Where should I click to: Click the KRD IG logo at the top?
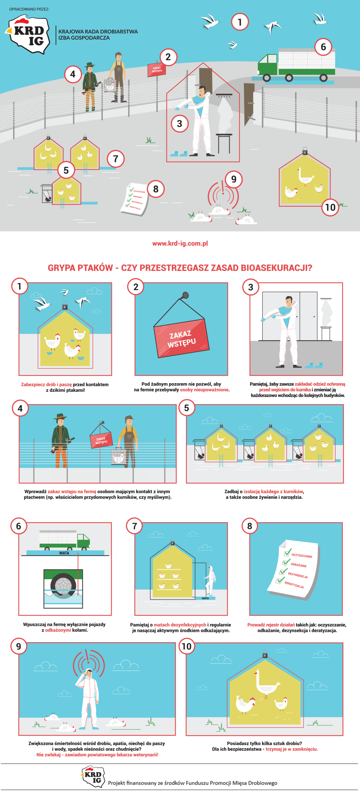tap(28, 34)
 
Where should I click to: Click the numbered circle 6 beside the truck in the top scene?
tap(323, 47)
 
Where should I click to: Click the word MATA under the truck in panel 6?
tap(64, 553)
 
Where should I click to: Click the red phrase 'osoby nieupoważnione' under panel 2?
tap(204, 390)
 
